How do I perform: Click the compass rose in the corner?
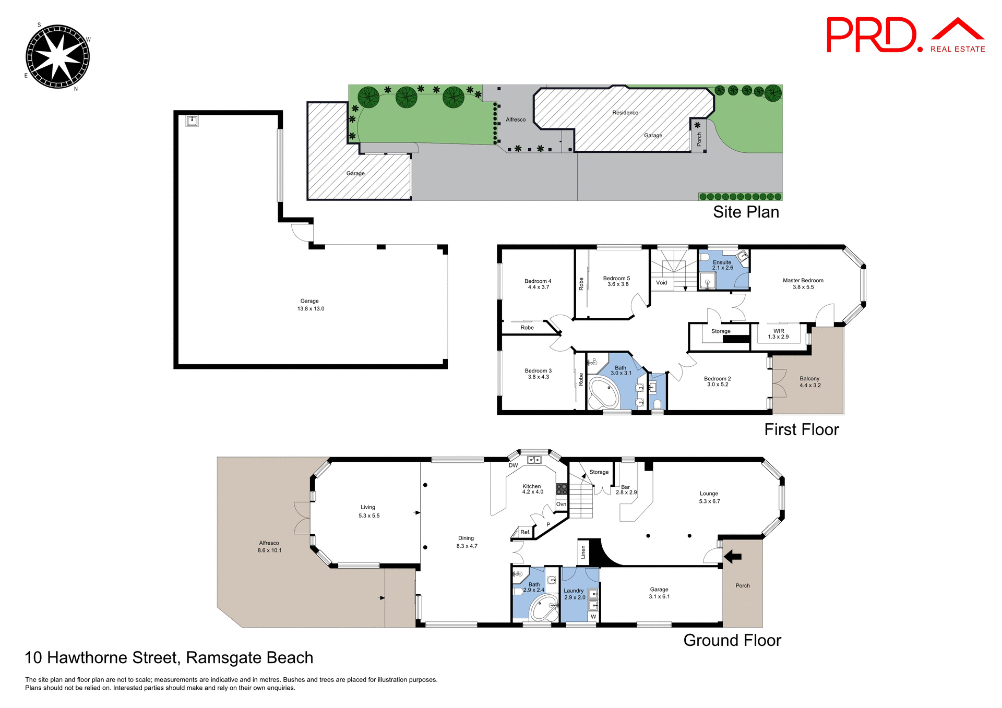(x=57, y=56)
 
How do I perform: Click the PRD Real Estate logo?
(x=905, y=35)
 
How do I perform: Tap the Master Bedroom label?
(x=803, y=283)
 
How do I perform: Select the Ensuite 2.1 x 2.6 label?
(x=722, y=265)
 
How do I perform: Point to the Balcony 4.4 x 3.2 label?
(x=809, y=382)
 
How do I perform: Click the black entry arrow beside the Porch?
(x=733, y=557)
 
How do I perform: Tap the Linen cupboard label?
(x=583, y=552)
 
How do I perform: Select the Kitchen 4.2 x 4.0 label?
(x=532, y=489)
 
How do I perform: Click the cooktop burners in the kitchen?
(x=562, y=489)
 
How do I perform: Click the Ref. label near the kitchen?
(x=525, y=532)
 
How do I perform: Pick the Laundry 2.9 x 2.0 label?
(x=574, y=594)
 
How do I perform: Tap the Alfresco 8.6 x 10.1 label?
(x=269, y=546)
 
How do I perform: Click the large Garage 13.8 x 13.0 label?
(x=310, y=305)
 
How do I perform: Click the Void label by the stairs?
(x=661, y=283)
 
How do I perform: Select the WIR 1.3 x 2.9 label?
(x=778, y=334)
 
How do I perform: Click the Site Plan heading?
(x=746, y=212)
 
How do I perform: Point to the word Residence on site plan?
(x=625, y=113)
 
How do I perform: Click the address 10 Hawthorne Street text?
(x=169, y=657)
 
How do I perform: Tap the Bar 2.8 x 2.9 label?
(x=626, y=489)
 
